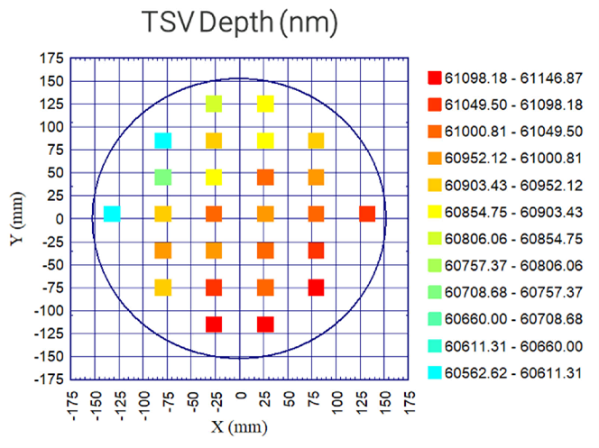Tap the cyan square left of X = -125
(x=112, y=214)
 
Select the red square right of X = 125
(x=367, y=214)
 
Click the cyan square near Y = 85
(x=163, y=141)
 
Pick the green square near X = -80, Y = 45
(x=163, y=177)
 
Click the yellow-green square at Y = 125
(x=214, y=104)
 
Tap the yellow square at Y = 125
(x=265, y=104)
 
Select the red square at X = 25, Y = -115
(x=265, y=325)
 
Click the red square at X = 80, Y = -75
(x=316, y=288)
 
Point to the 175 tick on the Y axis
(x=51, y=59)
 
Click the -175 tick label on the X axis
(x=77, y=399)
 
